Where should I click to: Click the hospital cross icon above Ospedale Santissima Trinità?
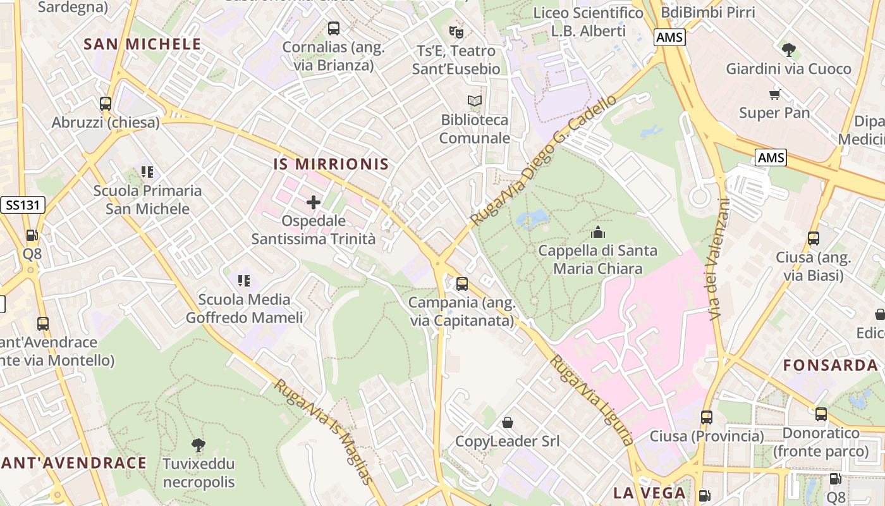coord(314,202)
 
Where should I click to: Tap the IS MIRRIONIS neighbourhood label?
coord(331,164)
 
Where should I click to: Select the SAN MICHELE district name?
coord(142,44)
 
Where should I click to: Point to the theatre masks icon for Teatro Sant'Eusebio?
coord(456,31)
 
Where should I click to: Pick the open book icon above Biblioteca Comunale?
coord(474,101)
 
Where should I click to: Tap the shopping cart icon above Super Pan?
coord(774,94)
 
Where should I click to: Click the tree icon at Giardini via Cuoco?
coord(788,49)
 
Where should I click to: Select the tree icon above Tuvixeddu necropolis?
coord(198,445)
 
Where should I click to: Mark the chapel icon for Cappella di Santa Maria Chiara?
coord(597,232)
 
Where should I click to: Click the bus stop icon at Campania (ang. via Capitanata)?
coord(462,284)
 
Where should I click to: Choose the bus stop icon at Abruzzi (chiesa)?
coord(106,103)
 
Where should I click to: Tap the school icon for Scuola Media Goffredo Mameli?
coord(244,280)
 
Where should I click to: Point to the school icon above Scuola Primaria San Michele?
coord(147,171)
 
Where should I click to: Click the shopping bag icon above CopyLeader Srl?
coord(507,422)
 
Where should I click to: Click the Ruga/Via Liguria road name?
coord(591,400)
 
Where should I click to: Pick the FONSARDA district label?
coord(831,365)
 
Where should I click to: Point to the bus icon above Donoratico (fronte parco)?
coord(821,414)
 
